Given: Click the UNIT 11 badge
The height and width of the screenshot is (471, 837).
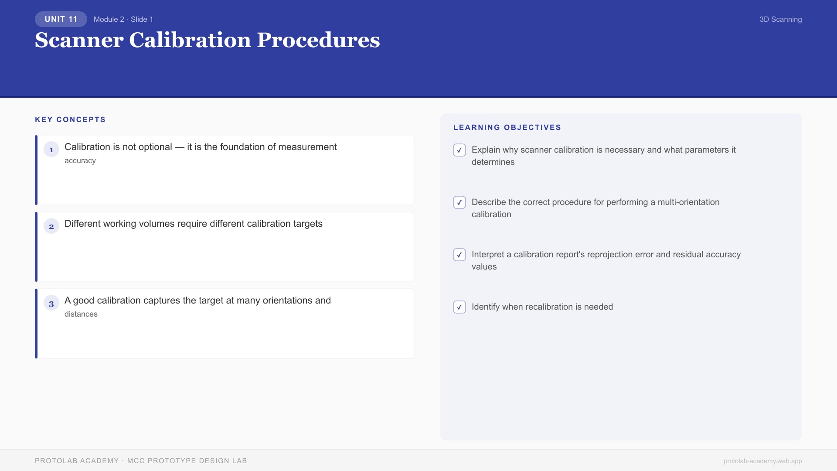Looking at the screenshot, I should [x=61, y=19].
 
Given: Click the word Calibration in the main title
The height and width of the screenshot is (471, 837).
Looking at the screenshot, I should [x=190, y=40].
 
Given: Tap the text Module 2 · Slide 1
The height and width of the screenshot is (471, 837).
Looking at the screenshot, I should [x=123, y=19].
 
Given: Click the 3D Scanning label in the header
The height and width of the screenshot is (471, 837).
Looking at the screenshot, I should [x=780, y=19].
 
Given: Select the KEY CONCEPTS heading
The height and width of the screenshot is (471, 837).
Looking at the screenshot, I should [x=70, y=119].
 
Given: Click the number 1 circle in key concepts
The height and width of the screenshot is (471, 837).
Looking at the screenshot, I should [x=51, y=150].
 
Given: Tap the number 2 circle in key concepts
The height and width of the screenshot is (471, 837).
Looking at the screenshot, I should [x=51, y=226].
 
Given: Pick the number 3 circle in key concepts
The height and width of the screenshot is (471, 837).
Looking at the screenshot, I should [x=51, y=304].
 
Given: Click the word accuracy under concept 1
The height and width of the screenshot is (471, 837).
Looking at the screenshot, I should [x=80, y=160].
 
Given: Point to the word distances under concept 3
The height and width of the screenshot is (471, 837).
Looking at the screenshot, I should [x=81, y=314].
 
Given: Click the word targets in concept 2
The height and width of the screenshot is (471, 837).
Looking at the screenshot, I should [x=308, y=224].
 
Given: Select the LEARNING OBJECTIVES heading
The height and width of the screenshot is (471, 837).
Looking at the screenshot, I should [x=507, y=127].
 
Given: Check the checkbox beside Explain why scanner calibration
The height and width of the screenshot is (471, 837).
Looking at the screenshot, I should [x=459, y=150].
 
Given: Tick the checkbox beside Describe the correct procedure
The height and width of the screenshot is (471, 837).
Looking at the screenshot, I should [x=459, y=202].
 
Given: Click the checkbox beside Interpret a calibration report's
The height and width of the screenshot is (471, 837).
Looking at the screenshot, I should [x=459, y=255].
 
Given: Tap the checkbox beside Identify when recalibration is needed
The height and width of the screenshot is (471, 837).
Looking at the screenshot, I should [x=459, y=307].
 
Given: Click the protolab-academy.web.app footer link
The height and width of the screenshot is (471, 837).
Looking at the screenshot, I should [x=762, y=461].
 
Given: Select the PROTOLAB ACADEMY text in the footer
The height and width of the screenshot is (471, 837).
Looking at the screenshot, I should [x=77, y=461].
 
